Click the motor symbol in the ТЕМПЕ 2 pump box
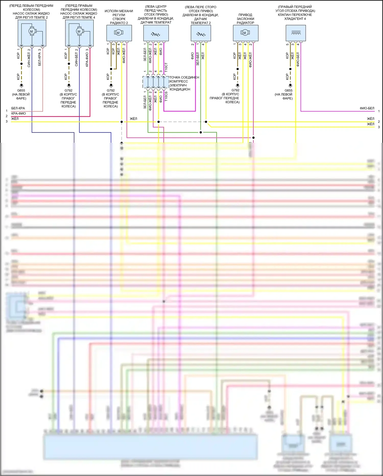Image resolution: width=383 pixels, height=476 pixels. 32,31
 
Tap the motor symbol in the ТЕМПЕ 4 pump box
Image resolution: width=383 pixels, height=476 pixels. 79,31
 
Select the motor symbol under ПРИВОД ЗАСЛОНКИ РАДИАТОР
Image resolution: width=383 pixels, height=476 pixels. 245,33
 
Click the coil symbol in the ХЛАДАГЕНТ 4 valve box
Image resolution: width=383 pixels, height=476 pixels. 296,33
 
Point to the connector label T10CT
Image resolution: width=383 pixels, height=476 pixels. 166,67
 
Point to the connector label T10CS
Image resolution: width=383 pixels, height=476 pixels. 166,96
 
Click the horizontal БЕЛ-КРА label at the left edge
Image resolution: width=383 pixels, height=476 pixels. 18,108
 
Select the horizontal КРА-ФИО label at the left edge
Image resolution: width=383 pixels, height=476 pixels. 18,113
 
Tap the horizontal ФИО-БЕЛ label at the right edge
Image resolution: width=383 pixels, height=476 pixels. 367,108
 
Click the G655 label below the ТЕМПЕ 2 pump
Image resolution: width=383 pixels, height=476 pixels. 21,90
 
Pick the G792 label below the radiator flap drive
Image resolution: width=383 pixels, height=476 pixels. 235,90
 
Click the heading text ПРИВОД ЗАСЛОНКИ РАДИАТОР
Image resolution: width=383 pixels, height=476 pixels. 245,19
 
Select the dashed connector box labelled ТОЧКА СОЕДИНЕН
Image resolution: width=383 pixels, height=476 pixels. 156,82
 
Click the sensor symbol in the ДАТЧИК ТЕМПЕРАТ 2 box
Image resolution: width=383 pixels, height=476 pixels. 201,34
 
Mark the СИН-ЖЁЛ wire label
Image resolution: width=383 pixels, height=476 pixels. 29,58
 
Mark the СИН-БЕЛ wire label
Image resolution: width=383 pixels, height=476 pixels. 76,58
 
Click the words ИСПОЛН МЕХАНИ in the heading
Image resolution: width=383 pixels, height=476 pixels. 119,11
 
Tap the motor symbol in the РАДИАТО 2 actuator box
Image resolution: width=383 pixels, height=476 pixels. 118,33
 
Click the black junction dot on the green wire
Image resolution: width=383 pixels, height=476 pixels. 201,132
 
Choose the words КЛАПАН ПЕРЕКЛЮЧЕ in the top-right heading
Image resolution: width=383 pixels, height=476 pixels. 295,15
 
